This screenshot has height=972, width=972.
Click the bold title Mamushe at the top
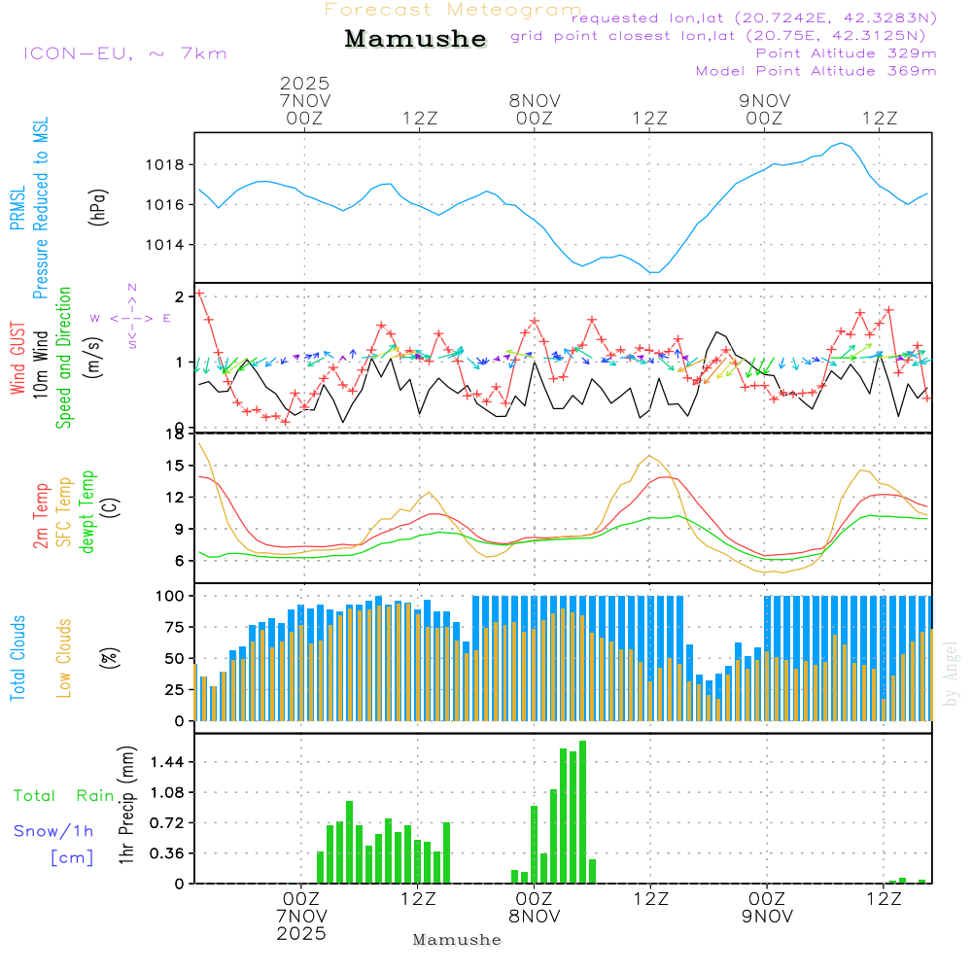[415, 40]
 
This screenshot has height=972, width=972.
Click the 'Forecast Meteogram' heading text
[453, 11]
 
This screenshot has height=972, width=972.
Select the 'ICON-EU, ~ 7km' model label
[124, 53]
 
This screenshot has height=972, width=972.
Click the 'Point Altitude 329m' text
[846, 53]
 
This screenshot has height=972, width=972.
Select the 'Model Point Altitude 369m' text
[816, 71]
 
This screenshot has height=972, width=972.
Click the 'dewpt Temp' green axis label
[87, 512]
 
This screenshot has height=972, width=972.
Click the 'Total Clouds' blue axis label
[17, 658]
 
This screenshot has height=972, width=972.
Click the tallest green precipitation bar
[582, 812]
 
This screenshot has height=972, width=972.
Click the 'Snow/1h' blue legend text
[54, 831]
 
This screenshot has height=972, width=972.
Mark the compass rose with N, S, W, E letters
[132, 318]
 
